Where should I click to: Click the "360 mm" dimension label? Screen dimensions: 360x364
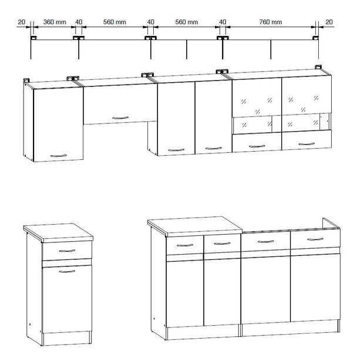click(x=55, y=22)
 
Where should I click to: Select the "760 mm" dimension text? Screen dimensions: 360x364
click(x=271, y=22)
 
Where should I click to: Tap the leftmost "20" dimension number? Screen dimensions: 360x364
click(x=21, y=22)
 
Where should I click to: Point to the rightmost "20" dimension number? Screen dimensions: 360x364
click(x=329, y=22)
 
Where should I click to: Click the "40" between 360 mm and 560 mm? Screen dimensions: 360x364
click(x=79, y=22)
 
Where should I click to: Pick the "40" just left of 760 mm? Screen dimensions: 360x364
click(x=223, y=22)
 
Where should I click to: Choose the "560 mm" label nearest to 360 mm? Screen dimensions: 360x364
click(x=115, y=22)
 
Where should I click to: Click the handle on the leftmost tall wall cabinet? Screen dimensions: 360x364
click(x=59, y=155)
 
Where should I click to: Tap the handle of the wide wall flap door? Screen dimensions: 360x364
click(x=120, y=118)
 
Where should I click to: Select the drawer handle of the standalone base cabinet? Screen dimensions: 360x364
click(x=67, y=251)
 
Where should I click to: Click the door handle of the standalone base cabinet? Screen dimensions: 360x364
click(x=67, y=271)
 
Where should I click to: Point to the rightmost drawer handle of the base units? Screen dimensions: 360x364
click(x=315, y=239)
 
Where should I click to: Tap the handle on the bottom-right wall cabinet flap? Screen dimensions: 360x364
click(x=307, y=144)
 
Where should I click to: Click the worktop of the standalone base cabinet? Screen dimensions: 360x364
click(x=58, y=233)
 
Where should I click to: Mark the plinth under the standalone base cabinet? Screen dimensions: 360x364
click(x=66, y=339)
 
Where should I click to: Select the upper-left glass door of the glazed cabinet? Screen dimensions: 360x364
click(x=257, y=98)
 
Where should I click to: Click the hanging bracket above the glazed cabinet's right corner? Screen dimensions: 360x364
click(x=318, y=67)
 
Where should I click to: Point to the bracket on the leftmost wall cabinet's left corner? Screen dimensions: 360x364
click(x=26, y=81)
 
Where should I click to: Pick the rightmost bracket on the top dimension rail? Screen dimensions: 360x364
click(x=315, y=38)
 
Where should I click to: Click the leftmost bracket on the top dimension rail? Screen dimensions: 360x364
click(x=33, y=38)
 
